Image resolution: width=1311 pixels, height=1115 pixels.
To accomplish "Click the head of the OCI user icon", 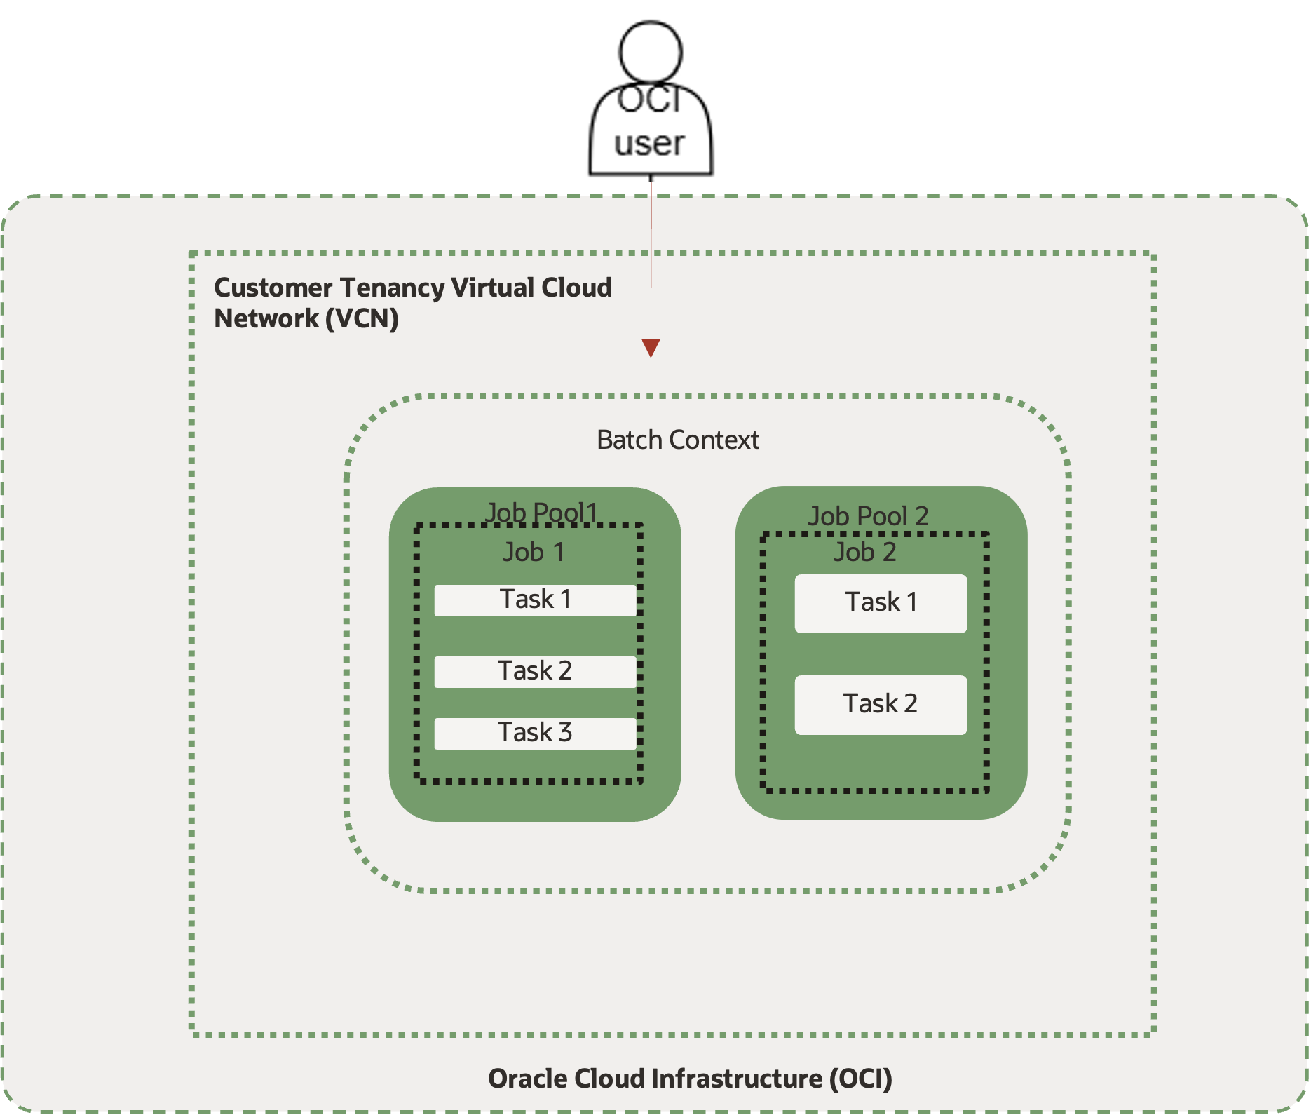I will click(x=650, y=50).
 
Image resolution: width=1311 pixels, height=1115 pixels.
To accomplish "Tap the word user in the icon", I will click(x=649, y=144).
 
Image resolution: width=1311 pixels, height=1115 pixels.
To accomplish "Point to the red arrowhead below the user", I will click(x=651, y=348).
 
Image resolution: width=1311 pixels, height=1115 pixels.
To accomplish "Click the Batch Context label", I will click(x=677, y=440).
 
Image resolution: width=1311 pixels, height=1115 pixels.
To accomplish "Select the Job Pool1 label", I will click(x=541, y=513).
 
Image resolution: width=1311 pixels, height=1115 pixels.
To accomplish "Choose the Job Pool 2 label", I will click(x=868, y=516).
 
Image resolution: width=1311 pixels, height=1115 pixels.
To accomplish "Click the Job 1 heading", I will click(x=534, y=553).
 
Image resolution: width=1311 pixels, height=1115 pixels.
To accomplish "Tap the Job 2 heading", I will click(x=864, y=553).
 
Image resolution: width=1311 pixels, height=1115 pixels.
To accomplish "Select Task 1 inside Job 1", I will click(x=535, y=600).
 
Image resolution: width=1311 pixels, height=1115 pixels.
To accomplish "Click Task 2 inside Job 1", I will click(x=535, y=672).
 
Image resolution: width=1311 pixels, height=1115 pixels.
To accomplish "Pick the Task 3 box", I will click(x=535, y=734).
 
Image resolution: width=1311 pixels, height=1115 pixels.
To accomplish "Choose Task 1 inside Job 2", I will click(x=881, y=603).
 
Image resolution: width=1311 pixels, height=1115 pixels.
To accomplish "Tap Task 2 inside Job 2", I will click(x=881, y=704).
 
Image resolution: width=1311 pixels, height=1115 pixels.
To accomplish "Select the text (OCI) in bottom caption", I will click(x=860, y=1079).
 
